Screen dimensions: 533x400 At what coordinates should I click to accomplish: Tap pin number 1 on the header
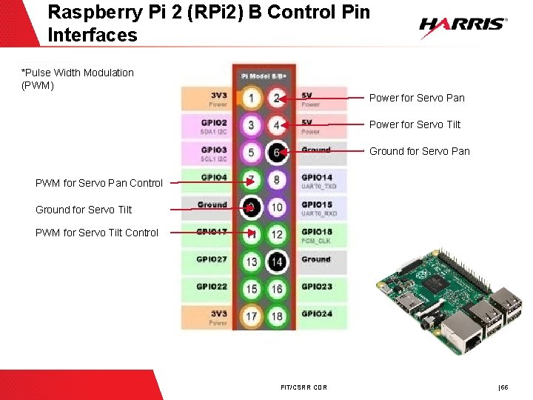252,98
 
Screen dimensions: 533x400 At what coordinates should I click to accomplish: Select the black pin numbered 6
277,152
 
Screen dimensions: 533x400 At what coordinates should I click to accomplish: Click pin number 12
277,234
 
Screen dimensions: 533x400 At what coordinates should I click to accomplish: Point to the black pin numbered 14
277,261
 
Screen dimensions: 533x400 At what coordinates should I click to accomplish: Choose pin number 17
252,316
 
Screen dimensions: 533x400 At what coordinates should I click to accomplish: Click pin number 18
277,316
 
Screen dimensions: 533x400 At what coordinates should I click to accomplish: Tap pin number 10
277,207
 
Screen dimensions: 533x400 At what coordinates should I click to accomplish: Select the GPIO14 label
317,178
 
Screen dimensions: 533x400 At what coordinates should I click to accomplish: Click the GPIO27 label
212,259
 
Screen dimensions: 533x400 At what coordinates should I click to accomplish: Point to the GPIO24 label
317,313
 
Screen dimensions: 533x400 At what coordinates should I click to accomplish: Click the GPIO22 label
212,287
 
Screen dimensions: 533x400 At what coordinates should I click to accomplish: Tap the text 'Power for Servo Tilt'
415,124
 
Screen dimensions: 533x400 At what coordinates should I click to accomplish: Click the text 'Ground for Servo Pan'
419,151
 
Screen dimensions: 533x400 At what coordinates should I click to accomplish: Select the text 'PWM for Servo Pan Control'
99,183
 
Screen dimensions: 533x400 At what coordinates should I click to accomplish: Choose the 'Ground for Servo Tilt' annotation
84,210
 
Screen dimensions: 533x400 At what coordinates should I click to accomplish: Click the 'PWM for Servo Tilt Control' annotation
97,233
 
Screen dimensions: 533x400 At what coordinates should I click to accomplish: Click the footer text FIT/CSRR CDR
304,387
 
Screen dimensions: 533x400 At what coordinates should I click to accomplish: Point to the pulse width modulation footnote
78,79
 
